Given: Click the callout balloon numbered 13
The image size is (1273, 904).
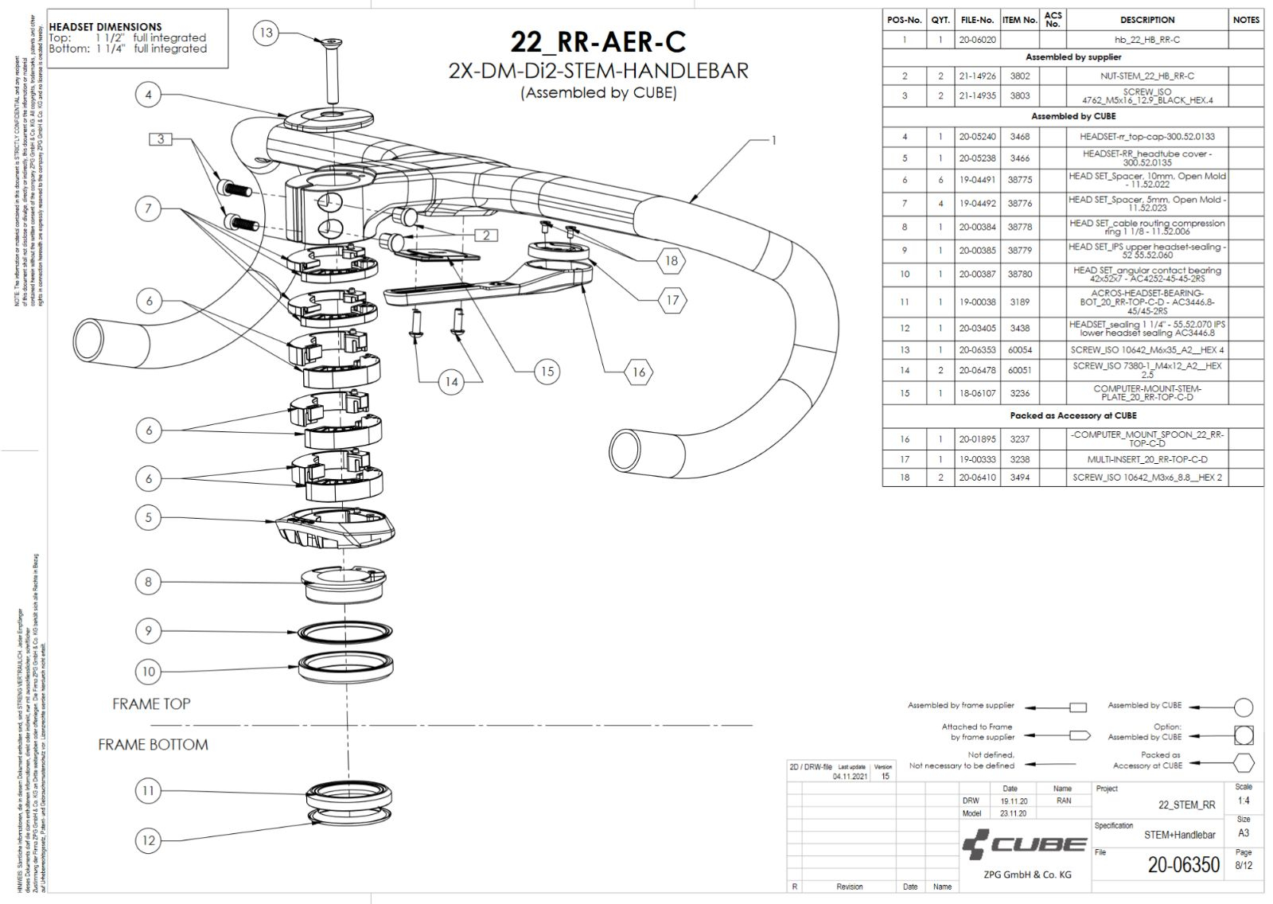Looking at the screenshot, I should tap(266, 33).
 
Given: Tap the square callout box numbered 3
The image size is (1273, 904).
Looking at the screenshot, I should tap(161, 139).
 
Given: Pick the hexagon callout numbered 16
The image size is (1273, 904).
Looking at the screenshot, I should tap(638, 372).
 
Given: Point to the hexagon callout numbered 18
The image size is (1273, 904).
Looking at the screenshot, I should tap(672, 260).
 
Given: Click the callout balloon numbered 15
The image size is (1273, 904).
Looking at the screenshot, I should tap(547, 372).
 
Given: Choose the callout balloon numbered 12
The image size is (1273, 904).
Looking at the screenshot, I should tap(148, 840).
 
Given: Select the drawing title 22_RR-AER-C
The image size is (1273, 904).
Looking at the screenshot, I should tap(598, 42).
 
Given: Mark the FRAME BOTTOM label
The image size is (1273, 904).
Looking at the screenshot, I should tap(153, 745).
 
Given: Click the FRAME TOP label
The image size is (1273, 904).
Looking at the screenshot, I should tap(151, 704).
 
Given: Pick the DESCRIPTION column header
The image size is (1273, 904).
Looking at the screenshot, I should tap(1146, 20).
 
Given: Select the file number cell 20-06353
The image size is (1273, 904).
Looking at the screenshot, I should tap(977, 350).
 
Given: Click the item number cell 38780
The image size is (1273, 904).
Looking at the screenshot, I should tap(1019, 275).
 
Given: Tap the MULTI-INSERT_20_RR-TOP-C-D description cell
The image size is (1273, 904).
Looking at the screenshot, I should tap(1146, 460).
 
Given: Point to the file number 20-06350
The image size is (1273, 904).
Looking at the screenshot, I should tap(1183, 865).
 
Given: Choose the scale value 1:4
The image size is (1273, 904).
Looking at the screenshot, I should tap(1243, 801).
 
